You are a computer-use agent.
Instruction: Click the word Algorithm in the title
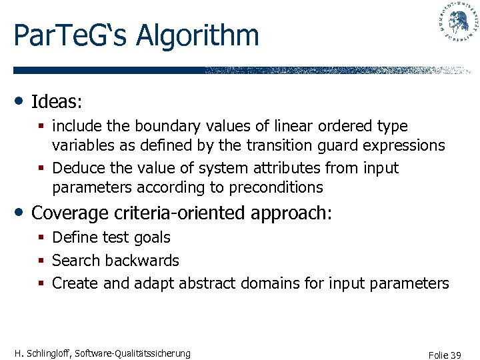pos(197,35)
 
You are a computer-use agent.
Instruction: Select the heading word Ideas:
pos(57,102)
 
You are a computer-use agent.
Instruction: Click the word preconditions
pos(275,187)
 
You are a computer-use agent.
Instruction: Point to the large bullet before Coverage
pos(20,213)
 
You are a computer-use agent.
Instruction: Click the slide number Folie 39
pos(445,355)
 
